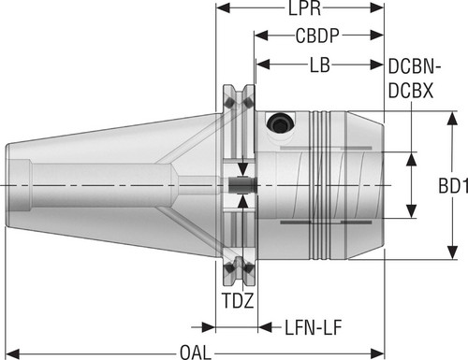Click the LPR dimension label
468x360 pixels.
coord(304,8)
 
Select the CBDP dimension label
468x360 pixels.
coord(317,36)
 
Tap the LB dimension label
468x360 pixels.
coord(319,65)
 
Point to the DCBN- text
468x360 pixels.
coord(415,66)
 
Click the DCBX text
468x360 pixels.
coord(411,91)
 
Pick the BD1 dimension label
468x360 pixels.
coord(453,186)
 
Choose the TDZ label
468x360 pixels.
coord(238,300)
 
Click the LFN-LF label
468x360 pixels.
coord(314,327)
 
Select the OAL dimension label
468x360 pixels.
coord(196,353)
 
